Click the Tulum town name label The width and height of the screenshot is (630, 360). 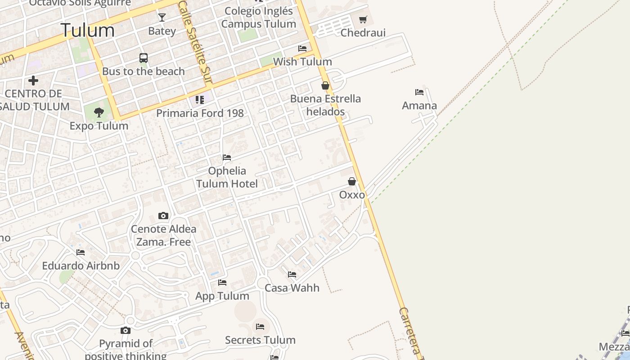88,31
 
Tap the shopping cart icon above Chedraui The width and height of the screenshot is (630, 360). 363,20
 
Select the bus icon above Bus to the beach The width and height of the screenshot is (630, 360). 144,58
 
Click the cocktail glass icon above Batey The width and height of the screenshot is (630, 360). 162,18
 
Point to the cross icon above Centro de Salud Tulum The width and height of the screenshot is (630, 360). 33,81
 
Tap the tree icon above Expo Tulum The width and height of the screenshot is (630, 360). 99,112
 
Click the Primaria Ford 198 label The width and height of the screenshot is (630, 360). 200,113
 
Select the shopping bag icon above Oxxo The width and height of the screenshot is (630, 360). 352,182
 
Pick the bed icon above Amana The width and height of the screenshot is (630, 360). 419,92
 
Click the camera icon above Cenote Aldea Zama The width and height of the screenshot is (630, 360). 163,216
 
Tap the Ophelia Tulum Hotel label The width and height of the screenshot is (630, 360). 227,177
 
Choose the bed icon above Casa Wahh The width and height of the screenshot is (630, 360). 292,274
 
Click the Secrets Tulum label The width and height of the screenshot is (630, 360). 260,340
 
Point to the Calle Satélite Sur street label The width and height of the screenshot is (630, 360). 195,43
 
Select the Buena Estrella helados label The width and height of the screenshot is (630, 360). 325,105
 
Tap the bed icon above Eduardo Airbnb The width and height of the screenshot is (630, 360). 81,252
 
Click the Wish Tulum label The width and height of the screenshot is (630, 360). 302,62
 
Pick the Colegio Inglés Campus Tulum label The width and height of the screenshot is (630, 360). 258,18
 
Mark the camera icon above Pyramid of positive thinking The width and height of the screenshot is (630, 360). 126,331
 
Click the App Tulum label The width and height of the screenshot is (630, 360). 222,296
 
